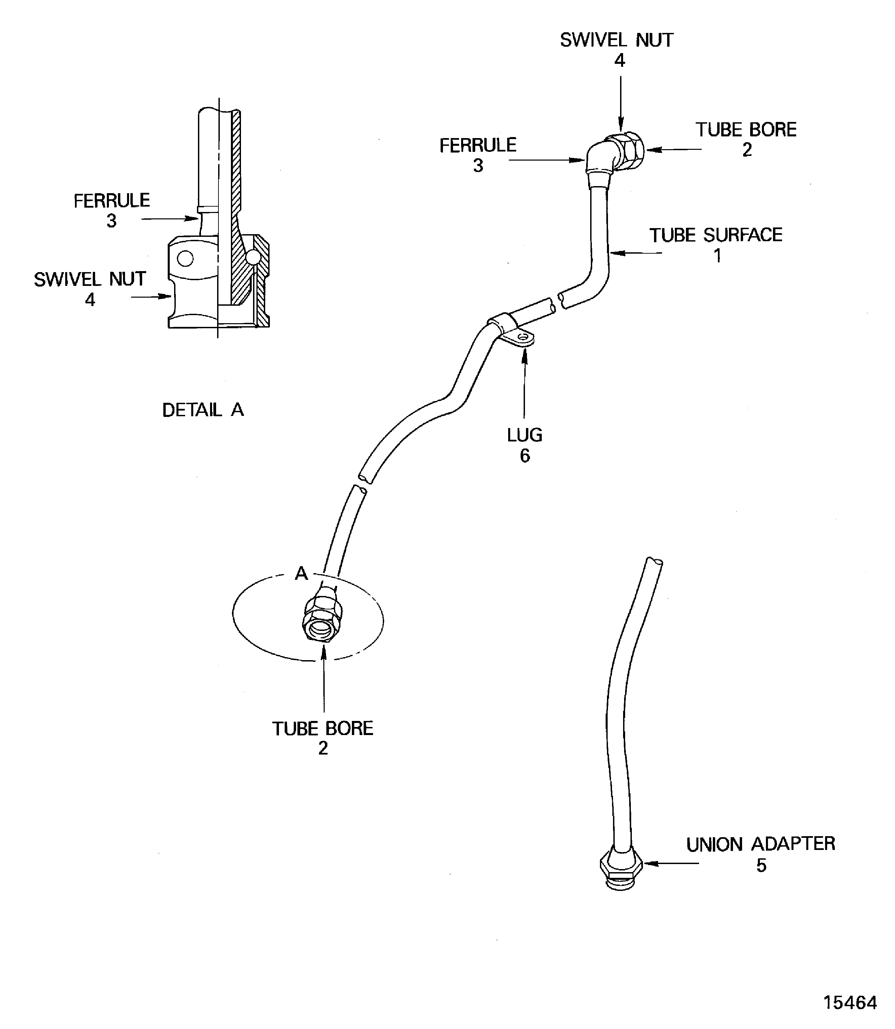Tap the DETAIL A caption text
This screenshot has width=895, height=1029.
pos(203,410)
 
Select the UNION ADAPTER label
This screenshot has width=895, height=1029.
pos(760,844)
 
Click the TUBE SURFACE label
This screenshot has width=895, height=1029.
pos(716,235)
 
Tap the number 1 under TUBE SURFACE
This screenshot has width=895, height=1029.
pos(717,256)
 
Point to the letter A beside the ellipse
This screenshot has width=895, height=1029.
pos(301,574)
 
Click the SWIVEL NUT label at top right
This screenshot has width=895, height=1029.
pos(616,40)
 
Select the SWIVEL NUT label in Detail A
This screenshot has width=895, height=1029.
pos(90,279)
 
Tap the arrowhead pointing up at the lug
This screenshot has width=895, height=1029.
pos(524,355)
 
